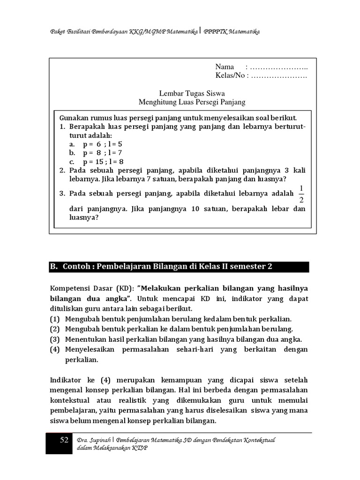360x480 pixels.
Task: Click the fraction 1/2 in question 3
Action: coord(301,194)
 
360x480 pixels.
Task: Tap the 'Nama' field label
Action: coord(225,67)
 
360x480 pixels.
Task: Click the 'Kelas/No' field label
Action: coord(230,75)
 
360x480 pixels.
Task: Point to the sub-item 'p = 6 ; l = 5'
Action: coord(102,144)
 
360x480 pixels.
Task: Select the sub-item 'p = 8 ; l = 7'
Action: coord(102,153)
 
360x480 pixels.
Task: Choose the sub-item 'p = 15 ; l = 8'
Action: coord(104,162)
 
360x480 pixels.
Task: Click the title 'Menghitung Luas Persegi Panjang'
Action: coord(192,102)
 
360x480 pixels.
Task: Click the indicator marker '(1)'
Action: coord(55,319)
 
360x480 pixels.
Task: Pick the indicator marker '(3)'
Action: coord(55,339)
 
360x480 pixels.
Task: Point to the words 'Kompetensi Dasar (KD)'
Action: coord(88,288)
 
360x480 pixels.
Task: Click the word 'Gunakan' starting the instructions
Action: coord(73,118)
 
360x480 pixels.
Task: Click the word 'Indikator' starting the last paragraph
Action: coord(66,380)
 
